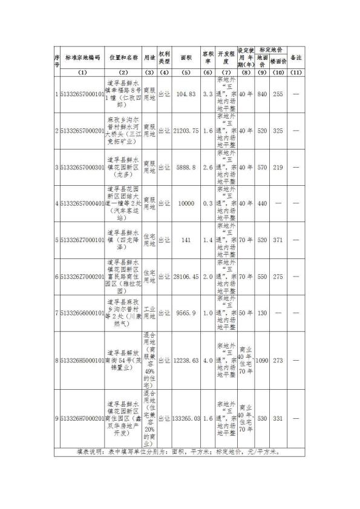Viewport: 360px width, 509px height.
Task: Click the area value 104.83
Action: [x=185, y=94]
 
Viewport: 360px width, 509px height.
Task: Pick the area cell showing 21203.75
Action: [x=185, y=130]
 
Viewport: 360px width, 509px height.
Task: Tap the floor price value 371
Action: [x=278, y=240]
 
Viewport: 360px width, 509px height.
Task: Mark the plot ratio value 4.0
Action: [x=208, y=361]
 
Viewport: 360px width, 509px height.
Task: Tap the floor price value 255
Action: [x=278, y=94]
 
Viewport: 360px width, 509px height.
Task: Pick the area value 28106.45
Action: [x=185, y=276]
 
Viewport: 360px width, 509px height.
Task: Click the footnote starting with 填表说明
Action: [x=182, y=452]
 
